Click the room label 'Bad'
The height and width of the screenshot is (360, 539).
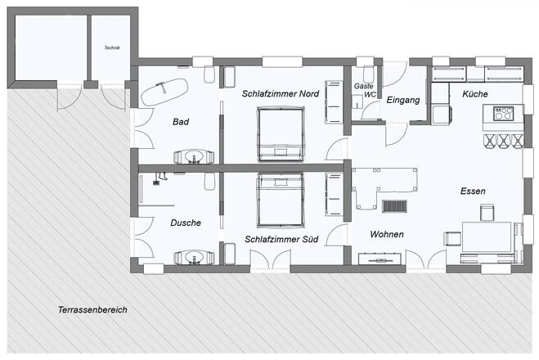pyautogui.click(x=181, y=122)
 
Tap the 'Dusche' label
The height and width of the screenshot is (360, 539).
pyautogui.click(x=186, y=223)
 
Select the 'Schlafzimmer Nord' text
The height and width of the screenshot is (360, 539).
pyautogui.click(x=281, y=94)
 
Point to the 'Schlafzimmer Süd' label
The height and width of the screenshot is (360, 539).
pyautogui.click(x=281, y=240)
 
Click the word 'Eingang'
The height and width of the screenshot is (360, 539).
pyautogui.click(x=403, y=100)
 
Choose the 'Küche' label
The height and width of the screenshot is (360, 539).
pyautogui.click(x=474, y=95)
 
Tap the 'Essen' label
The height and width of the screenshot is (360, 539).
pyautogui.click(x=473, y=191)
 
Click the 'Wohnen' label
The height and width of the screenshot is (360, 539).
pyautogui.click(x=386, y=235)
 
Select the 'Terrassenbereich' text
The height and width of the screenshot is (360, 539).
pyautogui.click(x=92, y=311)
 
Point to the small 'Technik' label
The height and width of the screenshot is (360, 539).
pyautogui.click(x=112, y=48)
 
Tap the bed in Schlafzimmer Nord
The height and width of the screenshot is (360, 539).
pyautogui.click(x=281, y=133)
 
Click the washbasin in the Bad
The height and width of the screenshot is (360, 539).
pyautogui.click(x=194, y=155)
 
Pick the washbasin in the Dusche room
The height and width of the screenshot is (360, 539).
pyautogui.click(x=194, y=257)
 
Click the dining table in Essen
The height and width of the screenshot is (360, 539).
pyautogui.click(x=487, y=237)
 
